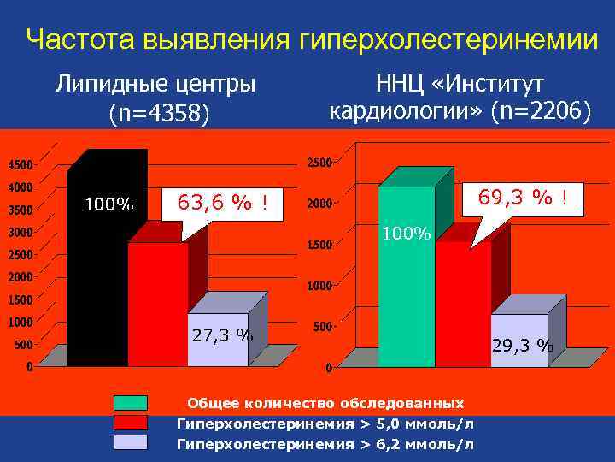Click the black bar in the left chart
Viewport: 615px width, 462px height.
coord(97,274)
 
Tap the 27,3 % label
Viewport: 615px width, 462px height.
coord(222,335)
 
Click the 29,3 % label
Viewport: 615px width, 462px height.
coord(523,346)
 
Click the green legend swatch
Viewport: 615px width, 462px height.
coord(131,403)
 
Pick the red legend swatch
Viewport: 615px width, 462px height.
coord(131,423)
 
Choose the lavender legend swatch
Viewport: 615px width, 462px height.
coord(131,442)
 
